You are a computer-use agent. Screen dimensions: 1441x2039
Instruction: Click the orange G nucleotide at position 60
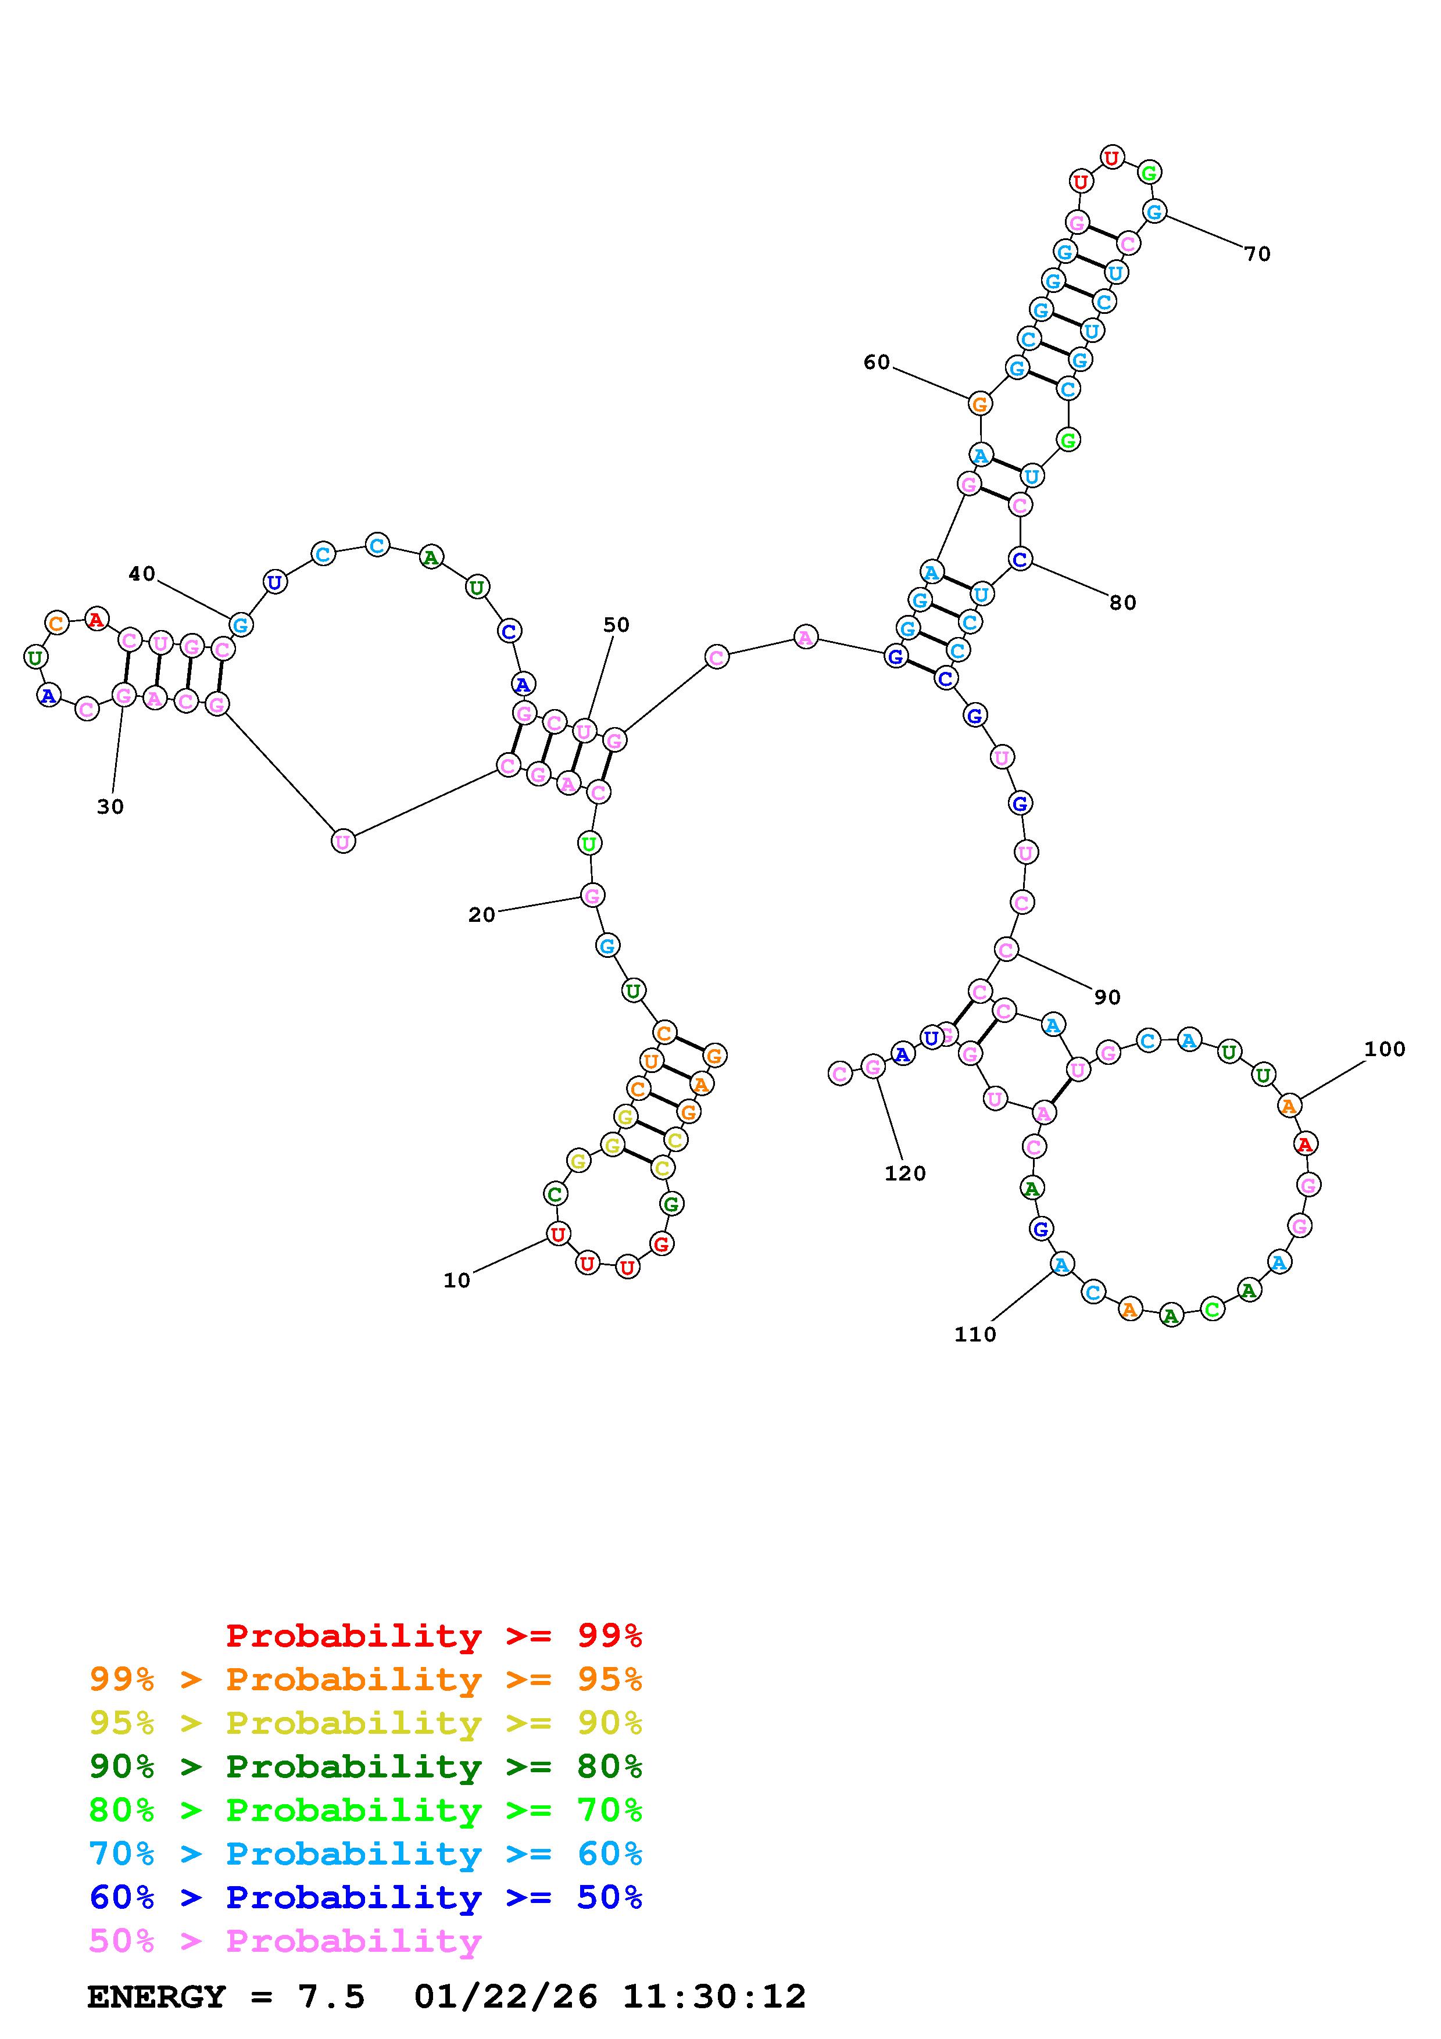pos(979,404)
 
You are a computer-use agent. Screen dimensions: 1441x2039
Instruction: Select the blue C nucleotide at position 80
pos(1020,560)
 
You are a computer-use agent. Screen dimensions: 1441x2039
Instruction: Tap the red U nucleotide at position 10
pos(557,1233)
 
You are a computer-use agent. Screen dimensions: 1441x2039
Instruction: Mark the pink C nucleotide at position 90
pos(1006,949)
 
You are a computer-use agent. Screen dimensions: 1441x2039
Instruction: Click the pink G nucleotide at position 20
pos(592,895)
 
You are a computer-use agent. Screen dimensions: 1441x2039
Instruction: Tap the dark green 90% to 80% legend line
pos(365,1766)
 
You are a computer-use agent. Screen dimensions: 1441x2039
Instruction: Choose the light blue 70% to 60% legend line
pos(365,1854)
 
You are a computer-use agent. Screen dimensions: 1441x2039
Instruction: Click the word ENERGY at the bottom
pos(156,1997)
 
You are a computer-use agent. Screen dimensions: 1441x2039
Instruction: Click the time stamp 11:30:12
pos(714,1997)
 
